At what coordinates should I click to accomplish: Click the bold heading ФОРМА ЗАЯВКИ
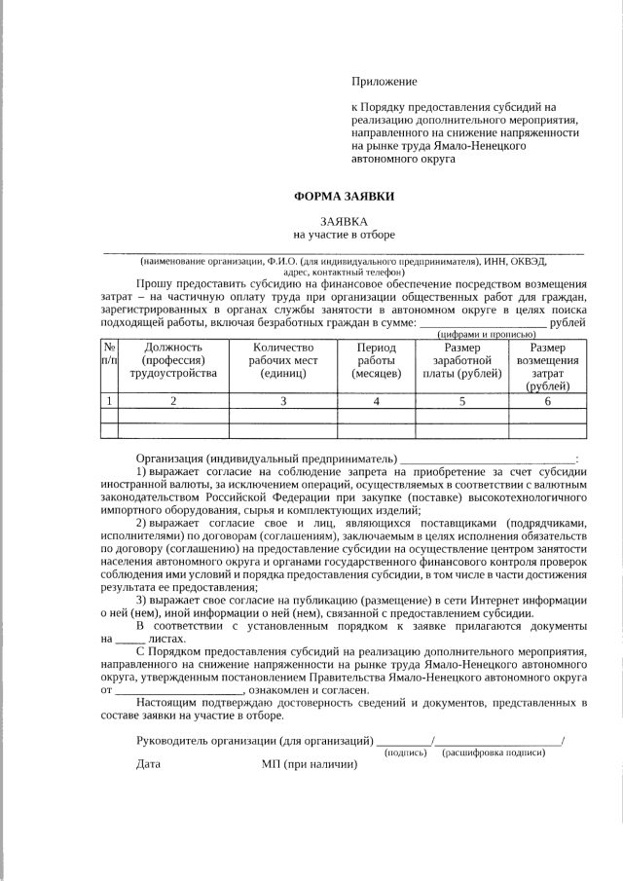pos(345,197)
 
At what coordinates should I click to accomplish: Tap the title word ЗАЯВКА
pos(345,221)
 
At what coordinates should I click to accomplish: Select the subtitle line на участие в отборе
pos(345,235)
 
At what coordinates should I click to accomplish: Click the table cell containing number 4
pos(377,401)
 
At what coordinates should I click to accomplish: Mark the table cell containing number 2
pos(173,401)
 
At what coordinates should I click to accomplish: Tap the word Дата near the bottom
pos(148,765)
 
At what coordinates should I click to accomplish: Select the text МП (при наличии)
pos(310,765)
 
